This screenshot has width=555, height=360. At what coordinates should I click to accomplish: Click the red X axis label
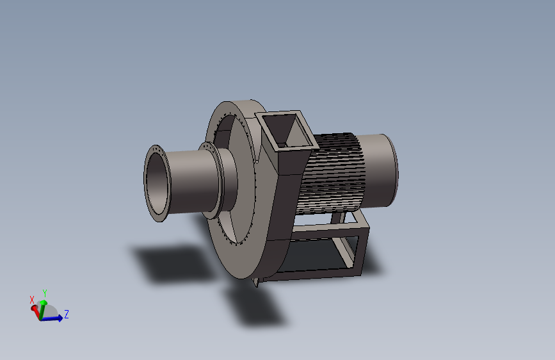tap(32, 300)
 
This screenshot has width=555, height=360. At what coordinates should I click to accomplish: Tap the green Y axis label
tap(45, 293)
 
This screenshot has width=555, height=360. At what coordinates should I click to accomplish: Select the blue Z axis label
tap(66, 314)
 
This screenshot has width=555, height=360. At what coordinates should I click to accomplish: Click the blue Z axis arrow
tap(52, 318)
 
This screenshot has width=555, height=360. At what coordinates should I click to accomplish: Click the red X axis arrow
tap(35, 312)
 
